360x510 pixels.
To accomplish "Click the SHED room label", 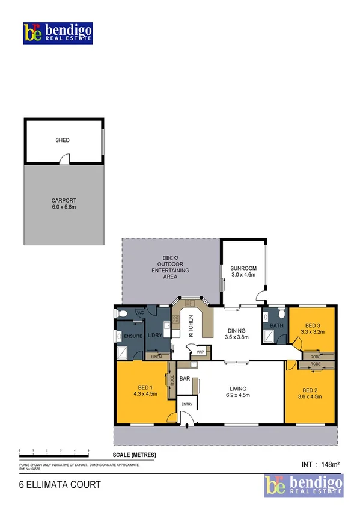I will (x=63, y=140).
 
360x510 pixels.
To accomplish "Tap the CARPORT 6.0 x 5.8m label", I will (x=63, y=203).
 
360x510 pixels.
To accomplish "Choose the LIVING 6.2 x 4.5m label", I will (x=238, y=392).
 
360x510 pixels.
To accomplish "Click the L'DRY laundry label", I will (x=154, y=335).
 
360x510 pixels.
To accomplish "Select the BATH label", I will (x=276, y=327).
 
